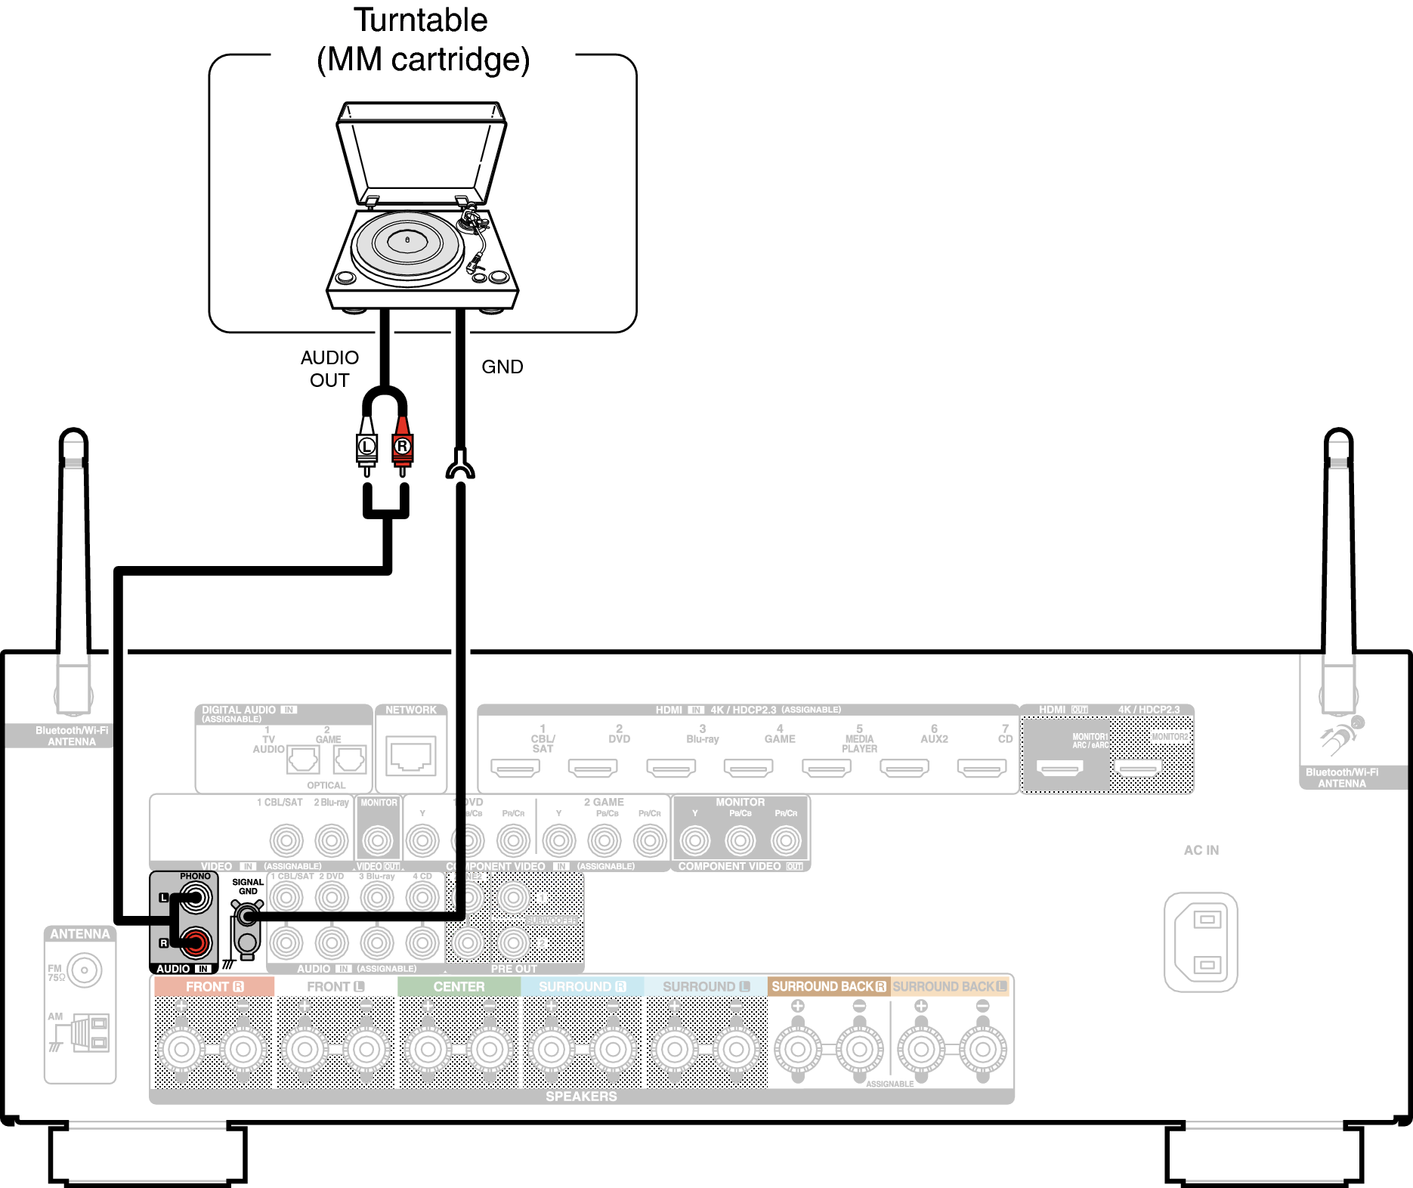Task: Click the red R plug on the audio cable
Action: click(x=402, y=446)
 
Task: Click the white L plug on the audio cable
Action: click(x=366, y=446)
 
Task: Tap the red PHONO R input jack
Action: click(x=196, y=942)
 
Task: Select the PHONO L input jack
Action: click(x=196, y=898)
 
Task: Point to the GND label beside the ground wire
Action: click(x=502, y=367)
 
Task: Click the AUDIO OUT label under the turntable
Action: click(x=329, y=369)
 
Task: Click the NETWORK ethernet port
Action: click(x=411, y=755)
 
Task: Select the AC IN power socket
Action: click(x=1201, y=942)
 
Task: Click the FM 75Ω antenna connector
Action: click(x=84, y=970)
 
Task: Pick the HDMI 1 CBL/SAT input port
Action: click(x=515, y=769)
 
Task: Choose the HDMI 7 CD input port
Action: click(x=982, y=769)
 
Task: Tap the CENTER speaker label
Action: click(x=459, y=986)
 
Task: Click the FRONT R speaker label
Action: click(x=214, y=986)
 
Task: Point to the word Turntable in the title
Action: click(x=421, y=20)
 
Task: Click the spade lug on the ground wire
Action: click(x=460, y=466)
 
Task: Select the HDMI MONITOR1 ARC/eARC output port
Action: click(x=1060, y=769)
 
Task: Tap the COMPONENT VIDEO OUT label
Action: click(x=740, y=866)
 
